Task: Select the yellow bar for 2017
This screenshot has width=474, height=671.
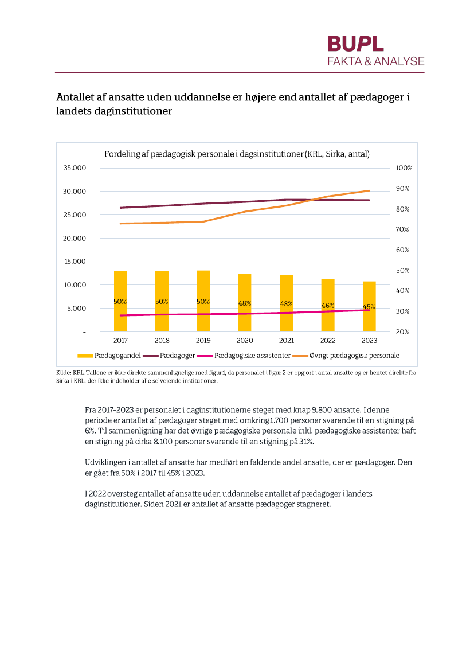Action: point(120,301)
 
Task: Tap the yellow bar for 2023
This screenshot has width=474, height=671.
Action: point(369,306)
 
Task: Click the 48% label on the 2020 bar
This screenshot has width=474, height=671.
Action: point(245,303)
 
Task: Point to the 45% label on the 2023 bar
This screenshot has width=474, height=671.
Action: point(369,307)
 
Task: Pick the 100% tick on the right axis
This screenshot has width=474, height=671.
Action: point(404,168)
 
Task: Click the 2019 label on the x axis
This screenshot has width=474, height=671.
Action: point(203,341)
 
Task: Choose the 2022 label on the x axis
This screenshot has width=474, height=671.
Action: point(328,341)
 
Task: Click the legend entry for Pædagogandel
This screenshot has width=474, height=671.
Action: point(109,356)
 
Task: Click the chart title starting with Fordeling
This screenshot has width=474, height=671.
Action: point(237,154)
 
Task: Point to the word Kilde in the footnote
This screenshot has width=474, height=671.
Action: point(64,373)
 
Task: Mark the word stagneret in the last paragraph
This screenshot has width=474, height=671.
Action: point(314,505)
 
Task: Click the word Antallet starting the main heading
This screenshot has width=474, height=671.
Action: point(76,98)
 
